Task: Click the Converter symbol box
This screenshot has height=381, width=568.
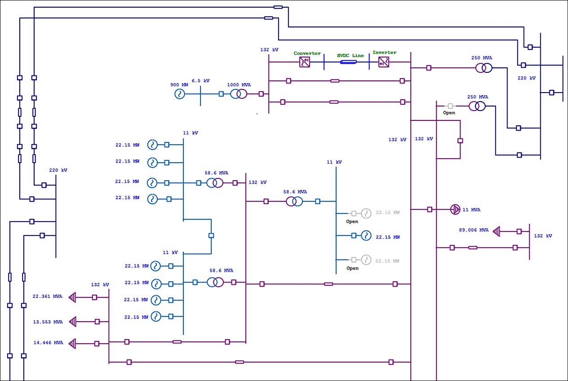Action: click(305, 62)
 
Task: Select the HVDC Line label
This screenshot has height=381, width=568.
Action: click(351, 55)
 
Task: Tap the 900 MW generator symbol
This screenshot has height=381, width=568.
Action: click(180, 94)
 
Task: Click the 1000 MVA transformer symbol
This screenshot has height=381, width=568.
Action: click(239, 94)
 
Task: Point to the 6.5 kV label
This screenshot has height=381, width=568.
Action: click(200, 81)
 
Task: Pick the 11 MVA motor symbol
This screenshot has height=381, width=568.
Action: click(455, 209)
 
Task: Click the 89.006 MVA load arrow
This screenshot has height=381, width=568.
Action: click(497, 231)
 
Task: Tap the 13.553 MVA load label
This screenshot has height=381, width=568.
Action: click(48, 322)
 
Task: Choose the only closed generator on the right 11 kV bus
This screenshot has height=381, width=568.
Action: click(365, 235)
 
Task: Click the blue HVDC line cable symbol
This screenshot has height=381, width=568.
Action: click(348, 62)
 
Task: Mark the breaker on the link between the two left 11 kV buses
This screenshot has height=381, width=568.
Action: click(211, 235)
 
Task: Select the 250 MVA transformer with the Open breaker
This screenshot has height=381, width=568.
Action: click(477, 106)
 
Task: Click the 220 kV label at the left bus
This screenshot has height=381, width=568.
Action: click(58, 170)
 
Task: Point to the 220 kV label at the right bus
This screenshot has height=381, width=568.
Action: click(527, 78)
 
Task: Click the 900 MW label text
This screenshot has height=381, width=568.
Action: click(179, 84)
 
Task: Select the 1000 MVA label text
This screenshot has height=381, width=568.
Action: click(239, 84)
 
